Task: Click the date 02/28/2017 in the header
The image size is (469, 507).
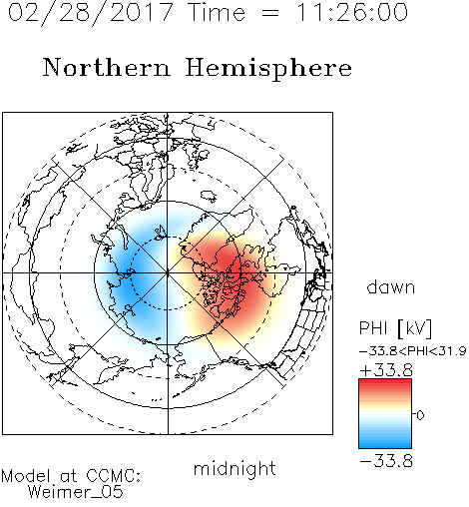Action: [91, 13]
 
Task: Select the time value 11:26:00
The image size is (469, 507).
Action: [352, 12]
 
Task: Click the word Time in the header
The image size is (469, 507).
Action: [217, 12]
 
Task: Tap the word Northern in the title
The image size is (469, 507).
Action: [107, 67]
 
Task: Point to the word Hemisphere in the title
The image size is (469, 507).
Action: [268, 69]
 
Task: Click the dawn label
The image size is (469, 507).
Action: [391, 286]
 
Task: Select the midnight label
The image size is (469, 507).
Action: [234, 468]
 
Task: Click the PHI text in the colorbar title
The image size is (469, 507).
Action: [373, 328]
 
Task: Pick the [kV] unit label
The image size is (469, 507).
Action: [414, 328]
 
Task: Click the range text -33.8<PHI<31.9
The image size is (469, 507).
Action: [413, 351]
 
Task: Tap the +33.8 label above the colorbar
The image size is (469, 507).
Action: [386, 370]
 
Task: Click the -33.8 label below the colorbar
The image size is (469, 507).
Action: [386, 461]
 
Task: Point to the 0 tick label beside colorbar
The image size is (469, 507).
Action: [420, 415]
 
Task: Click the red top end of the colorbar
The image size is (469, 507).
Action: [385, 381]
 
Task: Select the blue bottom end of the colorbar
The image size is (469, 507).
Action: [385, 445]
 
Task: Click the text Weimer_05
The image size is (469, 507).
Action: [76, 492]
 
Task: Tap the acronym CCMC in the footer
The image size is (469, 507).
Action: [112, 476]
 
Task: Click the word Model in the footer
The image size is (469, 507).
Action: [26, 476]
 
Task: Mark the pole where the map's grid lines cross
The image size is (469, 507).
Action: [168, 272]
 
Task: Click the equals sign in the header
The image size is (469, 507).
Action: [270, 13]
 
